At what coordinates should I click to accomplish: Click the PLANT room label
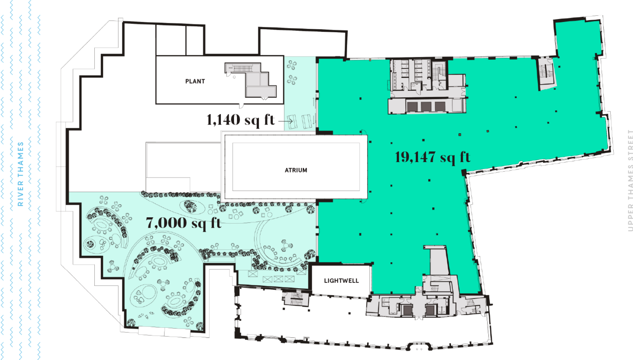(195, 81)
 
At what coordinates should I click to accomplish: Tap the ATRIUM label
(296, 170)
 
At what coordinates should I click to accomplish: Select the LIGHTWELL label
(341, 281)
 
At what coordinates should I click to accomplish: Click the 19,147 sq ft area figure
(432, 157)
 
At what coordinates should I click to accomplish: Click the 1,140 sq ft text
(240, 120)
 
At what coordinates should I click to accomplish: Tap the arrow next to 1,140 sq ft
(285, 121)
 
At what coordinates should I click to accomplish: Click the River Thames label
(20, 174)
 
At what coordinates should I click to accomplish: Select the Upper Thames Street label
(630, 180)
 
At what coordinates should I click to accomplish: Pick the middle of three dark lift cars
(426, 107)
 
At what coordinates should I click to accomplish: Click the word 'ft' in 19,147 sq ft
(465, 157)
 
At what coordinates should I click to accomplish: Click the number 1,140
(223, 120)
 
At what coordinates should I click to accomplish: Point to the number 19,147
(415, 157)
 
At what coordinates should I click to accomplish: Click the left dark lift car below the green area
(408, 310)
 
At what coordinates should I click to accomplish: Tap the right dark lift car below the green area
(431, 310)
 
